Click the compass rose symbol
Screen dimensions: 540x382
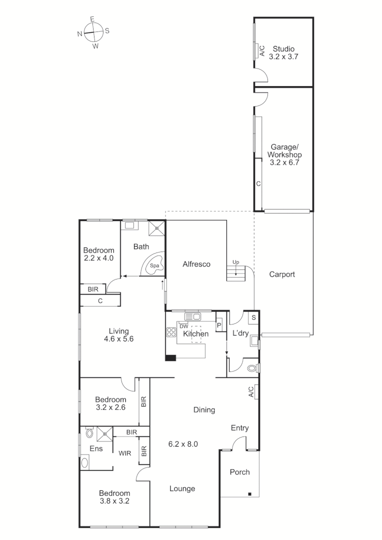93,32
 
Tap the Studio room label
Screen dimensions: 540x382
283,49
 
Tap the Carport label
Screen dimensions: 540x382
282,274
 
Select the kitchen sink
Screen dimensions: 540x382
192,316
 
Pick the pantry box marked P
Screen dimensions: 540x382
219,325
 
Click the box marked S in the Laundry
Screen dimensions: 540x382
253,317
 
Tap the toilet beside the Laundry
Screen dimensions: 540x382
252,368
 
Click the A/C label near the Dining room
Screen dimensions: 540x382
251,392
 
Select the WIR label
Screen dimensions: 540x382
125,454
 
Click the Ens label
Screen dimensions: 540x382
96,448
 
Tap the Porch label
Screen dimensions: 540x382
239,472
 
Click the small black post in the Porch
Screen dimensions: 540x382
249,494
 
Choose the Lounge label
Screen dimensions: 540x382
182,488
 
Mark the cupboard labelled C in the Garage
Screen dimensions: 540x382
258,184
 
